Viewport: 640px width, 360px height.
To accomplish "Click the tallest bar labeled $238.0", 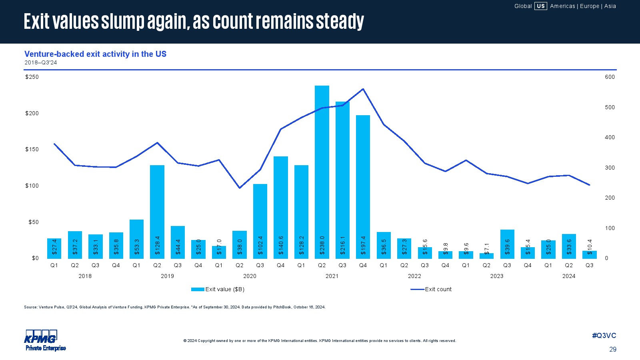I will pyautogui.click(x=322, y=172).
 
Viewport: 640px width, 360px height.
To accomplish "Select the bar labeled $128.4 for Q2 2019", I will pyautogui.click(x=157, y=212).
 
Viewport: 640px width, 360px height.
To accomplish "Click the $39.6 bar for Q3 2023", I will pyautogui.click(x=507, y=244).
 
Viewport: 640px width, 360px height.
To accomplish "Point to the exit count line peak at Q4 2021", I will pyautogui.click(x=363, y=89).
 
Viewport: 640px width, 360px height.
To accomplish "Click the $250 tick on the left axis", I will pyautogui.click(x=32, y=77).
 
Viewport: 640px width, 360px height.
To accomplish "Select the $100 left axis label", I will pyautogui.click(x=32, y=186).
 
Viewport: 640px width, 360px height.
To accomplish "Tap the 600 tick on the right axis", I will pyautogui.click(x=610, y=77).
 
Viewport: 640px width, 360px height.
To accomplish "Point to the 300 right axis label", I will pyautogui.click(x=610, y=168).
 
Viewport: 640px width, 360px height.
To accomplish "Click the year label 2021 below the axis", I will pyautogui.click(x=332, y=276).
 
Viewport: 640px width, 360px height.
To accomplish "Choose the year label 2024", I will pyautogui.click(x=569, y=276).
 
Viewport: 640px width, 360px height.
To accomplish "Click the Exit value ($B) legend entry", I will pyautogui.click(x=218, y=289).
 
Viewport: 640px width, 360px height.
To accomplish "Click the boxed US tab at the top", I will pyautogui.click(x=541, y=6).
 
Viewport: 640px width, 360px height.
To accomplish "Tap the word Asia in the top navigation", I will pyautogui.click(x=610, y=6).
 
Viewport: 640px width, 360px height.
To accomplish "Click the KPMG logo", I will pyautogui.click(x=41, y=337).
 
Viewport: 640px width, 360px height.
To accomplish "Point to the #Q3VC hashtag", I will pyautogui.click(x=604, y=336).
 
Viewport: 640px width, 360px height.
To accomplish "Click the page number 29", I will pyautogui.click(x=613, y=349).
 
